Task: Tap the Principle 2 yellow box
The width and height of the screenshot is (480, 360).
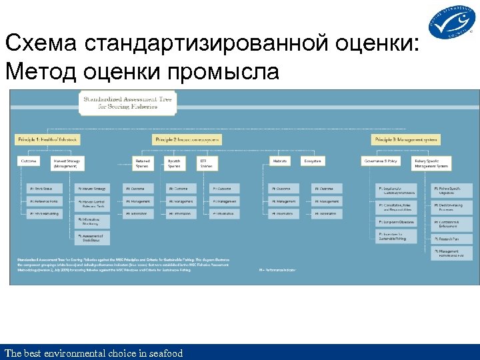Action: (187, 139)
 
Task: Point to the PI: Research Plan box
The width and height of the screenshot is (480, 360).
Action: (453, 238)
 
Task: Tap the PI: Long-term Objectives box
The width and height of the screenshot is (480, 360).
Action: (396, 222)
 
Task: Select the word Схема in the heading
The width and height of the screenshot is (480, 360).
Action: (43, 44)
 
